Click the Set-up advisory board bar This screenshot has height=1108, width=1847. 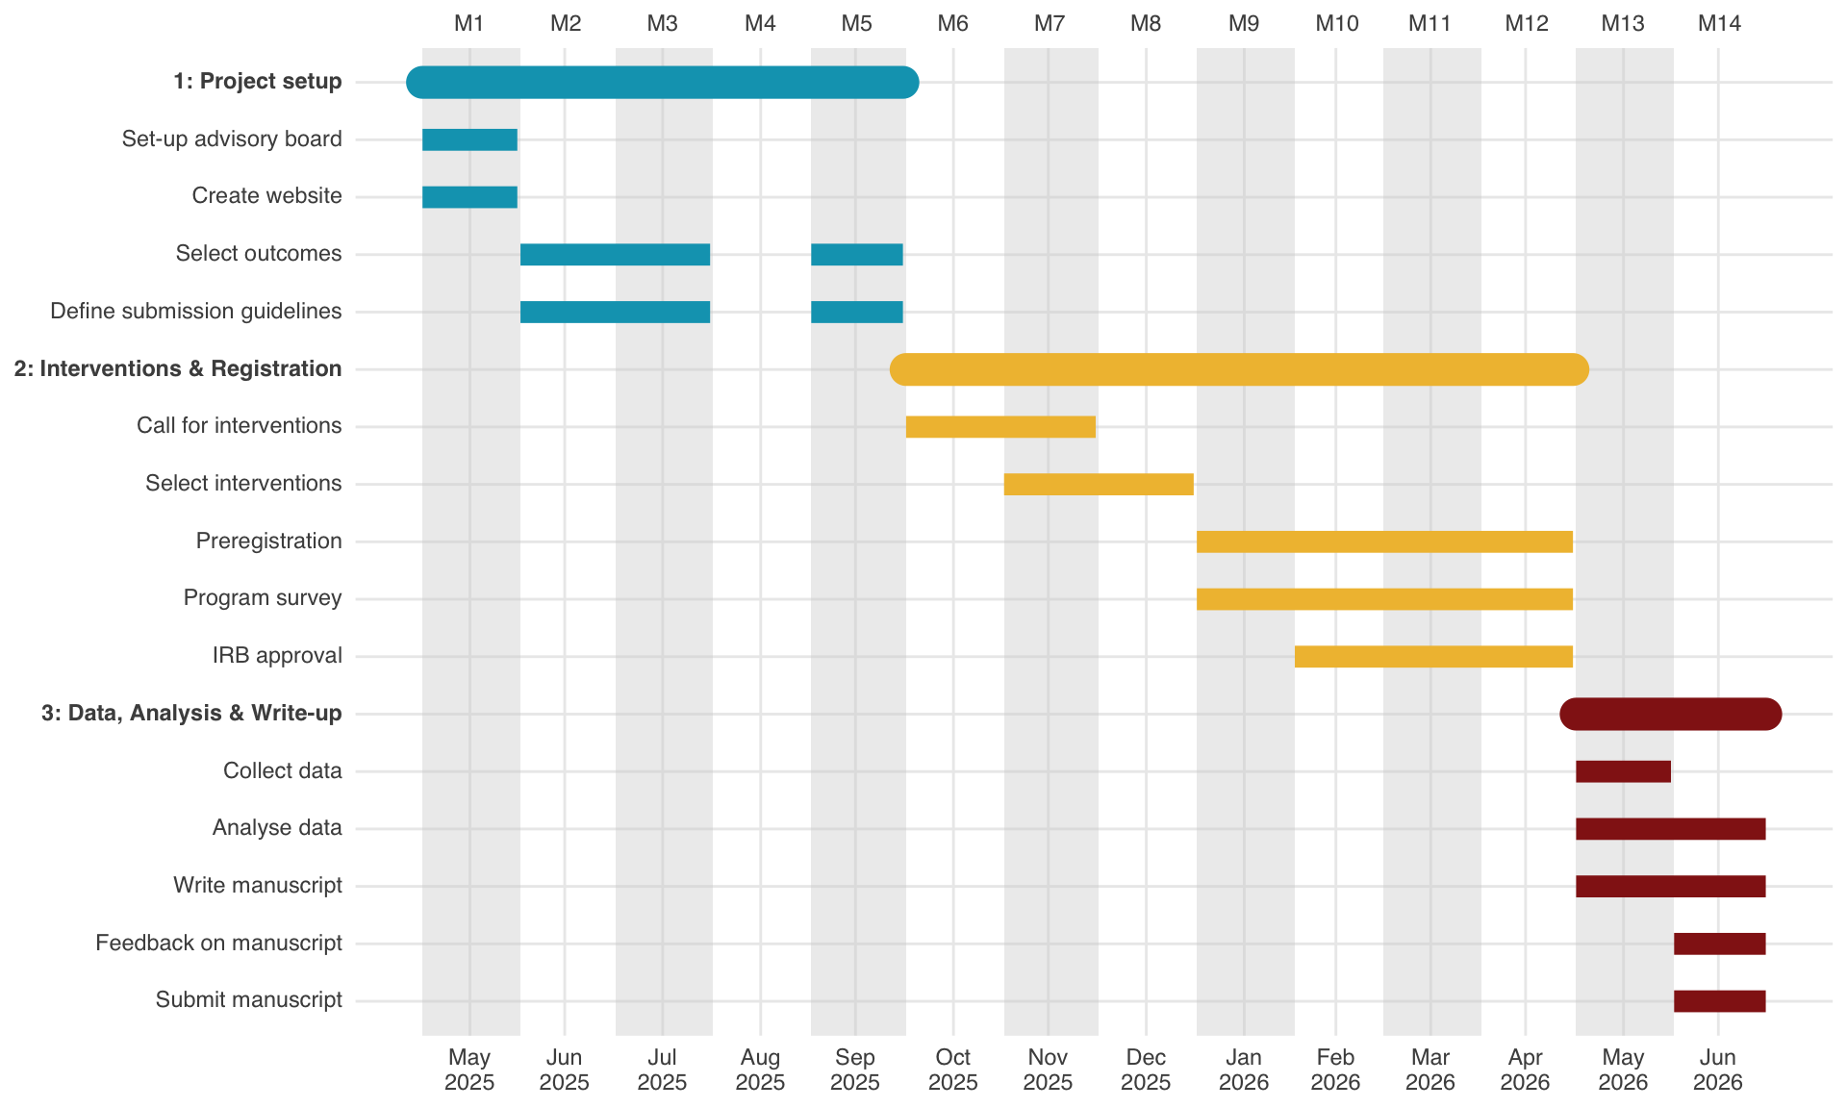coord(469,139)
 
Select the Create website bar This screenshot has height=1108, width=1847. coord(469,197)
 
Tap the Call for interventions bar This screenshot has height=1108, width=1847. coord(1000,427)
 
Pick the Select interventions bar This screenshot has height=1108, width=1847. coord(1099,485)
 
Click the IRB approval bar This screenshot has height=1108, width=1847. coord(1433,657)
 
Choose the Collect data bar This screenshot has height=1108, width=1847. coord(1623,771)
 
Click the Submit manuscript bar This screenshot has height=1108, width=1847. coord(1720,1001)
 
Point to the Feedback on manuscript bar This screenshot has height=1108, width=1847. coord(1720,944)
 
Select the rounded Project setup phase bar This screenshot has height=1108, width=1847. coord(663,83)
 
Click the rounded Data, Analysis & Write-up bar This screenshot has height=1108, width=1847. coord(1671,714)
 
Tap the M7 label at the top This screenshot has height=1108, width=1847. coord(1050,23)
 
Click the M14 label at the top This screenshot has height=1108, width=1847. coord(1719,23)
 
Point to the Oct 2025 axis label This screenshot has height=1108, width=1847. coord(953,1070)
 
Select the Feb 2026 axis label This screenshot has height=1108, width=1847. coord(1335,1070)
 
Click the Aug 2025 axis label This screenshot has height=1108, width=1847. coord(760,1070)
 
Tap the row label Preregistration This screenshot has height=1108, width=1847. coord(269,541)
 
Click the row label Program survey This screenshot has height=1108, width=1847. coord(263,598)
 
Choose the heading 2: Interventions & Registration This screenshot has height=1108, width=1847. coord(178,369)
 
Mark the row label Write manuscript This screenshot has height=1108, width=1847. coord(258,886)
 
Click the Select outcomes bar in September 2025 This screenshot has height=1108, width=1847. coord(857,255)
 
